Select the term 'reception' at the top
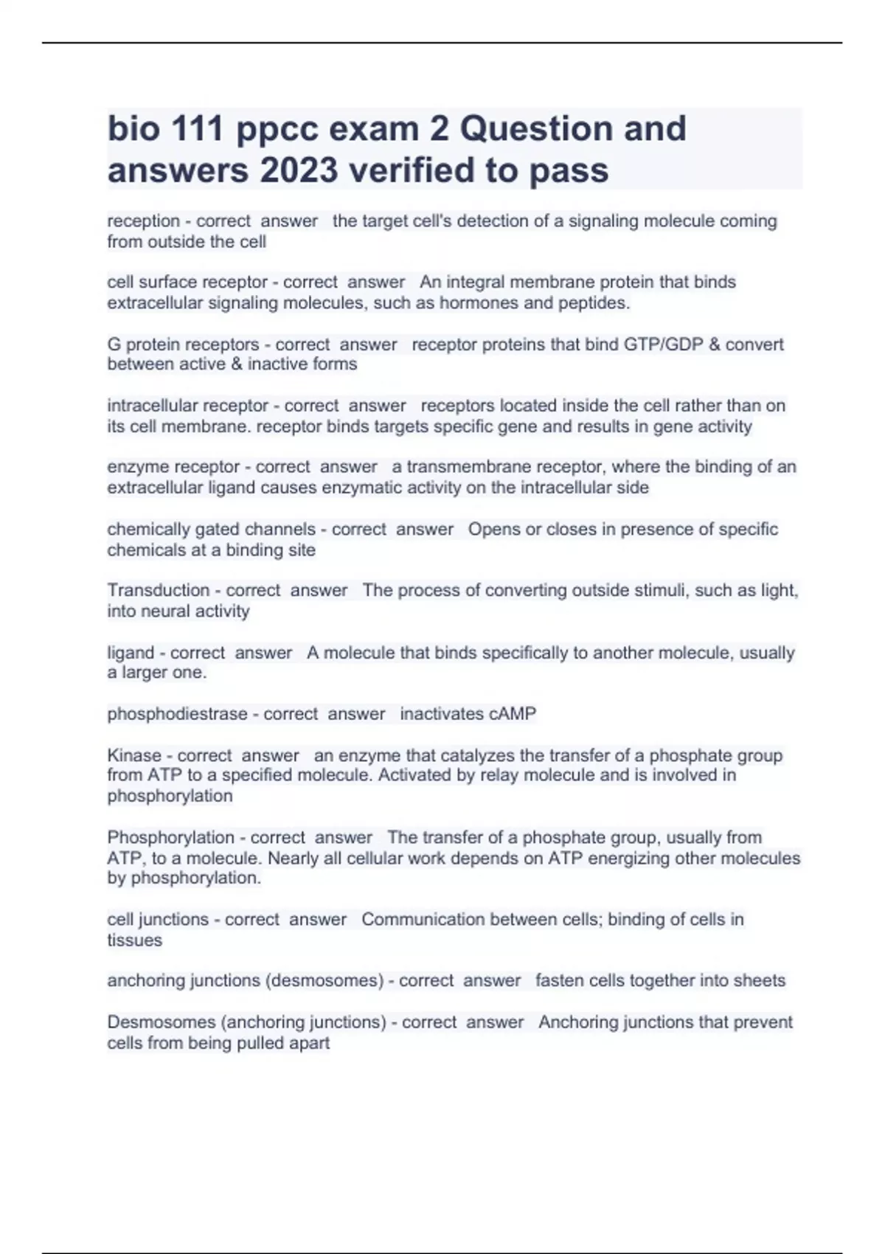point(144,221)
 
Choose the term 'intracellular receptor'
point(188,406)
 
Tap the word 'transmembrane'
point(466,467)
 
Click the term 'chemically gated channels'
point(212,530)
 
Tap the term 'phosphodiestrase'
point(177,714)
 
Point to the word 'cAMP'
point(513,714)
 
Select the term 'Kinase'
point(134,756)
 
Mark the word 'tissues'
point(135,940)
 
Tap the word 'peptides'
point(594,303)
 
